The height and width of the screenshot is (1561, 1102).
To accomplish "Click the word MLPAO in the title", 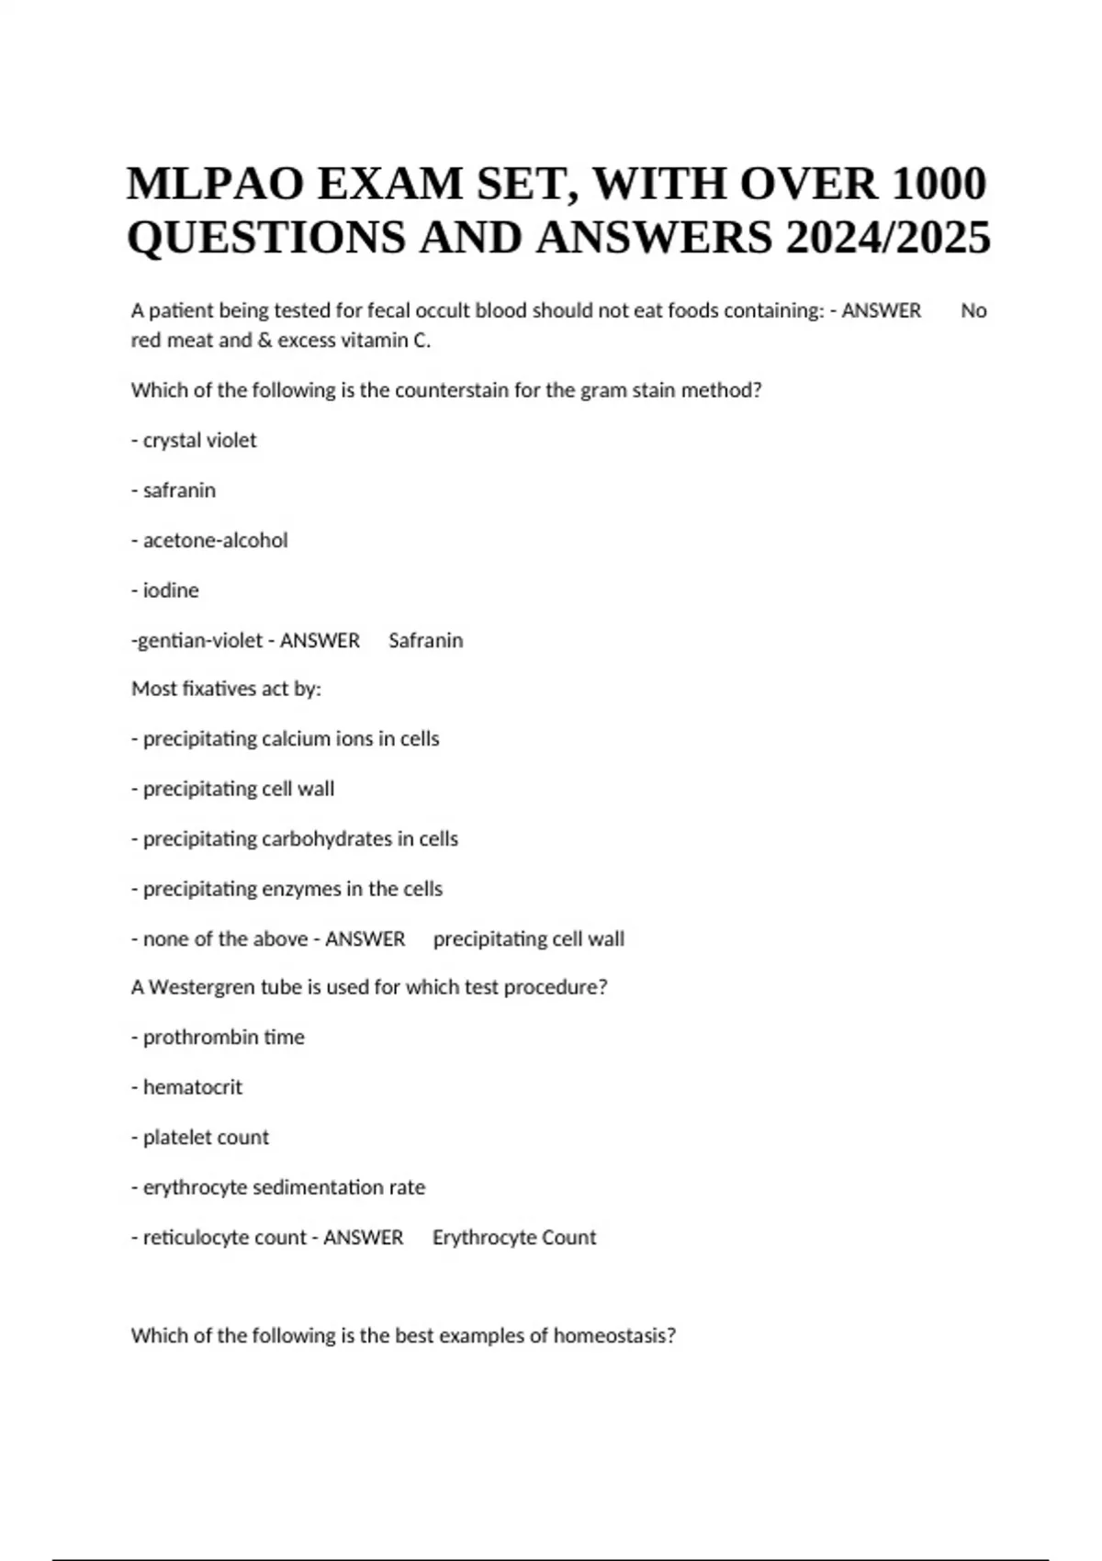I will (x=214, y=184).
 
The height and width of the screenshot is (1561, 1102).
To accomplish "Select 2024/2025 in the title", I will (x=888, y=238).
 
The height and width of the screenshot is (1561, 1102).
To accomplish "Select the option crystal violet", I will (x=199, y=441).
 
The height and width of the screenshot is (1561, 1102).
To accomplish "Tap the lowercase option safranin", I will (x=179, y=490).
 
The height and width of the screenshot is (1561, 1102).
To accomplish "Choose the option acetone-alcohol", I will (x=215, y=541).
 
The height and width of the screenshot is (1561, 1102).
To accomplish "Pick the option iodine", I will (x=171, y=590).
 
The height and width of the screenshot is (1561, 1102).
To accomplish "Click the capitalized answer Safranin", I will (x=425, y=641).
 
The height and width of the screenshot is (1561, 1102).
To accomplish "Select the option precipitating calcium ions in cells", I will (x=290, y=739).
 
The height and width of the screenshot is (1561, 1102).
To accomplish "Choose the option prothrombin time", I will (x=223, y=1038).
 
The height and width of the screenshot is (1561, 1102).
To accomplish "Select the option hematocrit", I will (x=193, y=1087).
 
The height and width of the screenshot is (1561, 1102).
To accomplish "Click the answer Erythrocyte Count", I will (x=514, y=1238).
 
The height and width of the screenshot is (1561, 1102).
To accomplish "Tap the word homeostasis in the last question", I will (x=613, y=1336).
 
